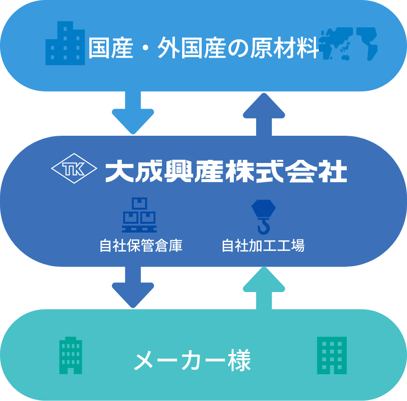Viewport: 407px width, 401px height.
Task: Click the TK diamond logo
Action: [74, 169]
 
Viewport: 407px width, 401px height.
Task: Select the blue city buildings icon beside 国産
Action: [65, 44]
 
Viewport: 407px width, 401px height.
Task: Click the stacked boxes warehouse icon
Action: [139, 215]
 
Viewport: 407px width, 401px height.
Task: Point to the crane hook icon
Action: [263, 217]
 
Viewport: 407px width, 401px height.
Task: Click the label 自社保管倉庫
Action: [141, 246]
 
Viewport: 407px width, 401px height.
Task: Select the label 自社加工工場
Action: [263, 246]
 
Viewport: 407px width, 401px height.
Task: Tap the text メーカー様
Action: [192, 361]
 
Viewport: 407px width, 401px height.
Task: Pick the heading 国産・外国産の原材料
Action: [203, 48]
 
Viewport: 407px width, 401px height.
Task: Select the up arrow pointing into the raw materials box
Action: [264, 114]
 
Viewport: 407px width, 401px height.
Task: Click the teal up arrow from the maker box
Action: [264, 288]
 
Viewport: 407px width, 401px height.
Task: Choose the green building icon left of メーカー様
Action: [71, 355]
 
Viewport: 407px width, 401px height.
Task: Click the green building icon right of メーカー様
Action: [332, 355]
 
